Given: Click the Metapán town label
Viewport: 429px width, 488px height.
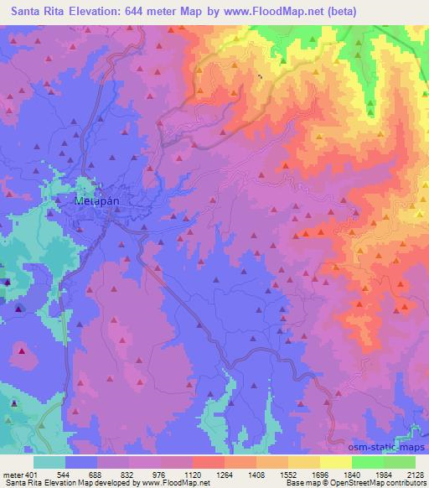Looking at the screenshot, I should click(92, 202).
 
